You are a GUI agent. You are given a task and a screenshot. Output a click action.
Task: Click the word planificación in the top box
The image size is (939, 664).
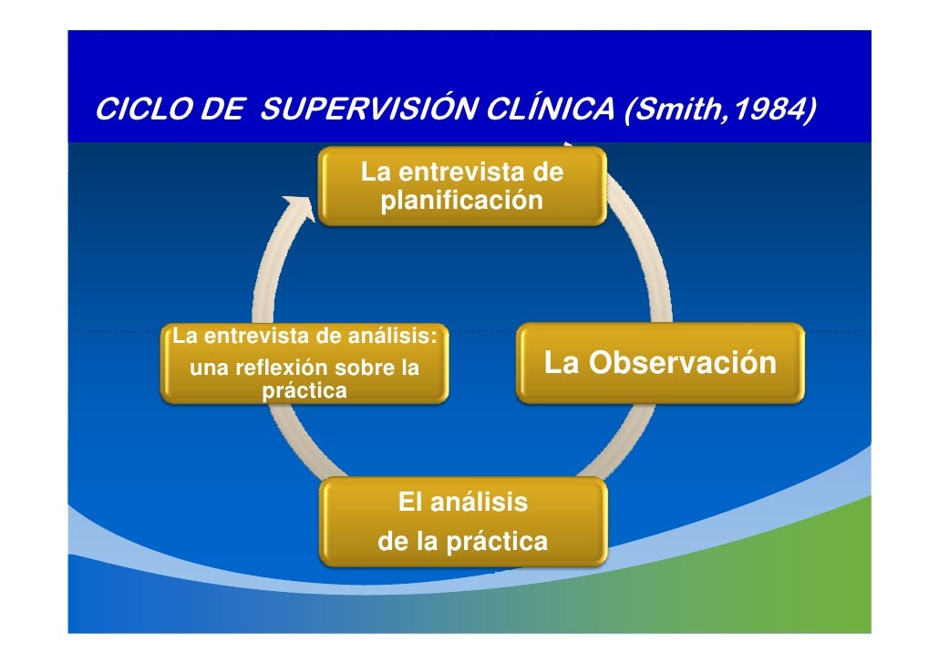462,200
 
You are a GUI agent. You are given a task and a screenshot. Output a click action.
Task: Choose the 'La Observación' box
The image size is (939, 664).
660,363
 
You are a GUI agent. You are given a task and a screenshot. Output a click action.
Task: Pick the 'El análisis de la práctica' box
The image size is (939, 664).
462,523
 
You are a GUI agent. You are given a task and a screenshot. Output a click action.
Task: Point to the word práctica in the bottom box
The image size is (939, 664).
496,543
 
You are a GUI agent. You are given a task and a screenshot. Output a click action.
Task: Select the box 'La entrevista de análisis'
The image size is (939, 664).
304,363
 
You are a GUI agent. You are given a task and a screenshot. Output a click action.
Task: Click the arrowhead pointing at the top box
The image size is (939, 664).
299,208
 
